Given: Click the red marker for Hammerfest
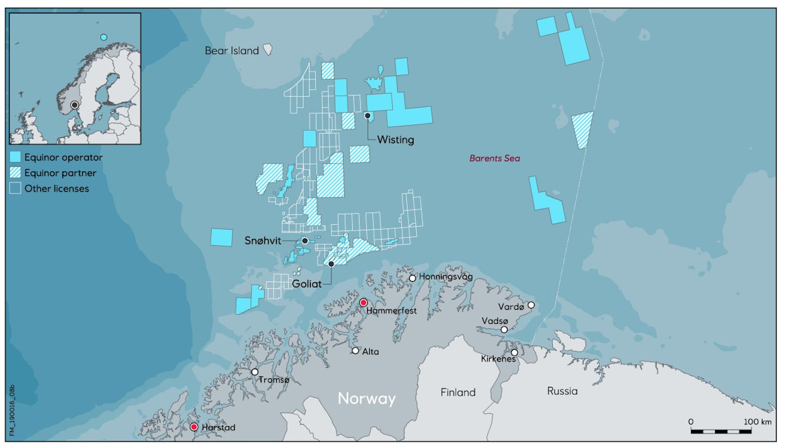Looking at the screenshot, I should (363, 303).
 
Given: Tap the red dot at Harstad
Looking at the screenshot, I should (194, 427).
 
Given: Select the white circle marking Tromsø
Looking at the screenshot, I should (255, 371).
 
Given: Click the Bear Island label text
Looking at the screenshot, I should (231, 51).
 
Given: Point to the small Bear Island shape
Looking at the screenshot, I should (268, 50).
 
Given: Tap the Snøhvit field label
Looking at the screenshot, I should (263, 241).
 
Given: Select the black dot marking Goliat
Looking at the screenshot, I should (331, 264).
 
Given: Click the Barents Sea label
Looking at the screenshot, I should (495, 159).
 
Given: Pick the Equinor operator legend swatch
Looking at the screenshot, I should (16, 158).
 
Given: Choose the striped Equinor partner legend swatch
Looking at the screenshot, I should (16, 173).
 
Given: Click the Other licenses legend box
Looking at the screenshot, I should (16, 189).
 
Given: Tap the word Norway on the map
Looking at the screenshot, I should (366, 398).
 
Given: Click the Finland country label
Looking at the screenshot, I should (458, 392).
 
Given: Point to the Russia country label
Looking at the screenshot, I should (562, 391).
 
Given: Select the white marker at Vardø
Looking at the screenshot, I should (531, 305).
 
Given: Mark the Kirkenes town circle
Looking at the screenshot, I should (514, 352).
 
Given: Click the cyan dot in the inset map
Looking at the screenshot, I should (104, 37).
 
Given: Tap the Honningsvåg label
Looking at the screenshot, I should (445, 277).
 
